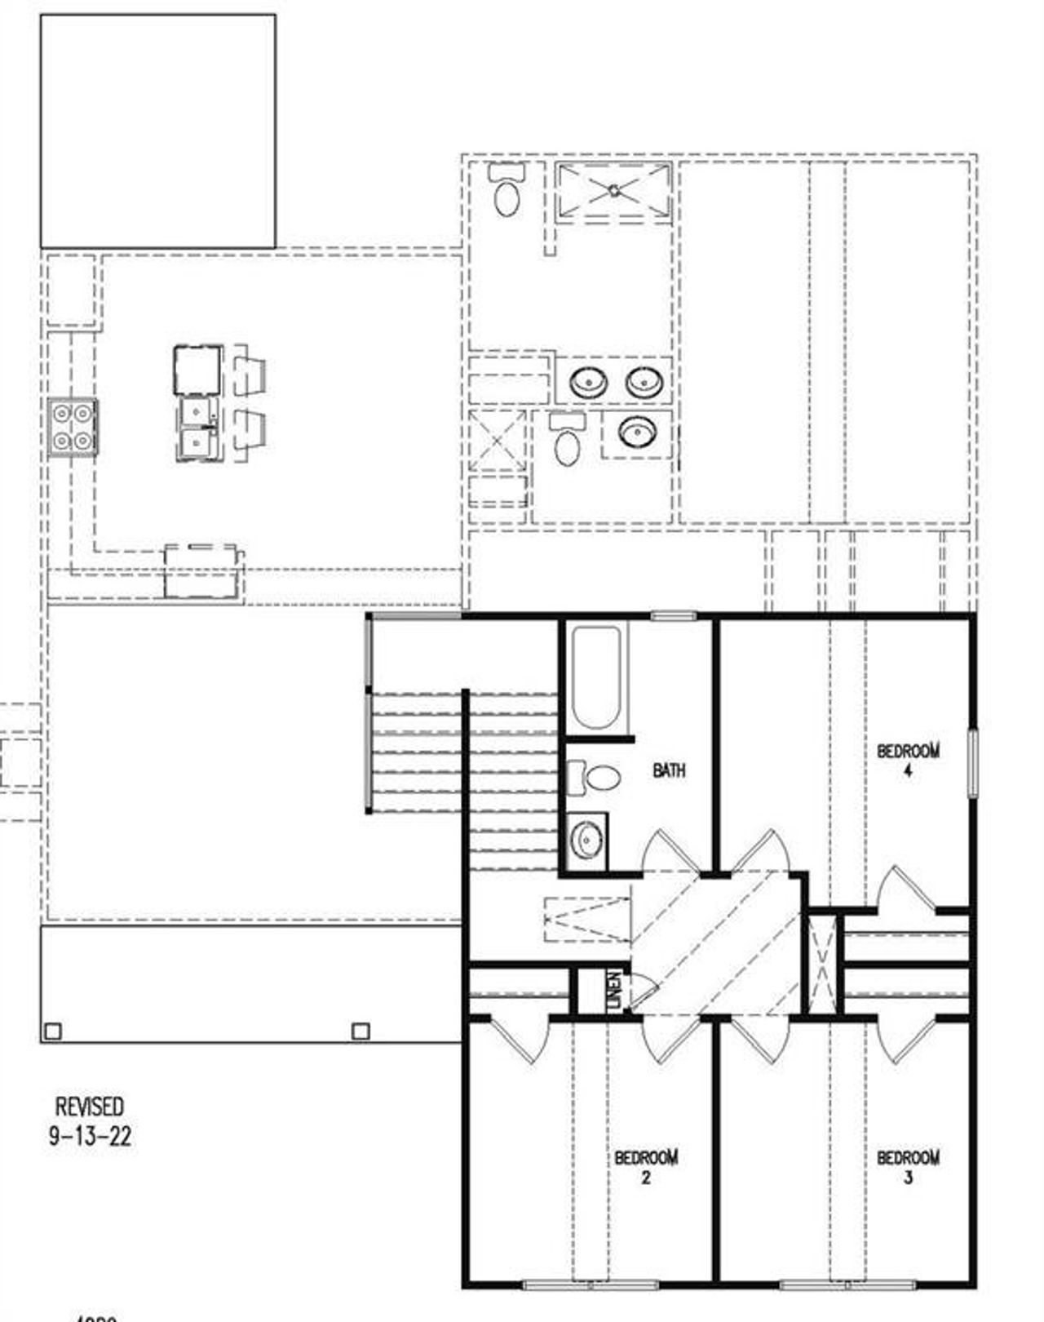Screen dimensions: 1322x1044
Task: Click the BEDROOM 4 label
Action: coord(908,758)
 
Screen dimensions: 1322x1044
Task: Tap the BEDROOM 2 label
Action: coord(646,1166)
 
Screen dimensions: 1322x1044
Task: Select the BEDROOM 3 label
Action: coord(908,1166)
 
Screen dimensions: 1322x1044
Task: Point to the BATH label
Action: coord(669,770)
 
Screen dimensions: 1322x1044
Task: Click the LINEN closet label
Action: coord(615,989)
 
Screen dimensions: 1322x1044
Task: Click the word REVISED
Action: coord(90,1107)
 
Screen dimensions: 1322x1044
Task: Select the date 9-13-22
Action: coord(90,1136)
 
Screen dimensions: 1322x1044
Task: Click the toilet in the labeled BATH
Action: coord(597,777)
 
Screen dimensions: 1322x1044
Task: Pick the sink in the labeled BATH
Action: coord(586,840)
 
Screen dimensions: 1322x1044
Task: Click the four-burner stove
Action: coord(72,427)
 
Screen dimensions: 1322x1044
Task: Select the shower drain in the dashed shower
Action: coord(614,191)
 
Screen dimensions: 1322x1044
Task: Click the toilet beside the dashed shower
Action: coord(507,193)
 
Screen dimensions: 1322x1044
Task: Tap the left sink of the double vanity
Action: coord(586,381)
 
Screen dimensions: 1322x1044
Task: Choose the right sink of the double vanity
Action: coord(644,381)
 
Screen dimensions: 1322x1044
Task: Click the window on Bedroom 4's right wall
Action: coord(972,762)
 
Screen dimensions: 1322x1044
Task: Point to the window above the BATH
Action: coord(673,616)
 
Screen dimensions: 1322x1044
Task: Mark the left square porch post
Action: coord(52,1031)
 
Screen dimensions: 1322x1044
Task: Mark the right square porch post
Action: coord(361,1031)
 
